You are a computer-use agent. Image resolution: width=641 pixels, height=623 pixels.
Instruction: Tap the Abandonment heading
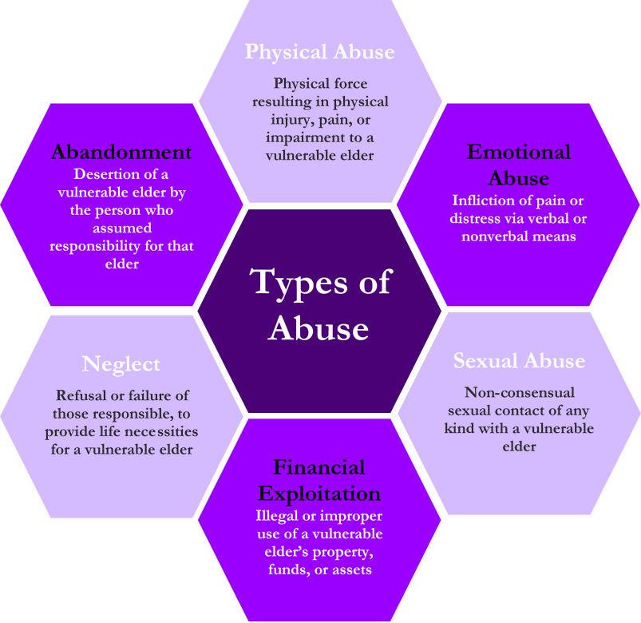point(121,152)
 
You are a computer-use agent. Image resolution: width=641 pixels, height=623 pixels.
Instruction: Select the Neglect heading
point(121,364)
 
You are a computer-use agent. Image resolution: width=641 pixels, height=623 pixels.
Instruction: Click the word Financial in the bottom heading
point(319,467)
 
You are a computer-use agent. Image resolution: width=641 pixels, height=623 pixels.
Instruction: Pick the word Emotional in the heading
point(519,152)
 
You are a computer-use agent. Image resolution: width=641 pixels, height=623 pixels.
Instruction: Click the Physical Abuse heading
point(319,52)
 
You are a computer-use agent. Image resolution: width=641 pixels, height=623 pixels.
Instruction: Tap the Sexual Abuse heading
point(519,361)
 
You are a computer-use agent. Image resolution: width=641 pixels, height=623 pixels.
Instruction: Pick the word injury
point(291,120)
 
